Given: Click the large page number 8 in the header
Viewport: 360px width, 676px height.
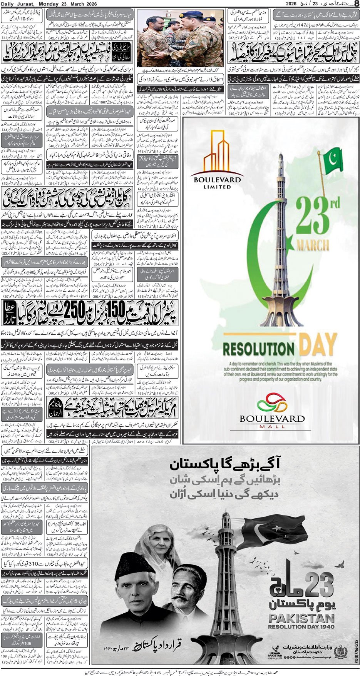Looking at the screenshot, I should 356,4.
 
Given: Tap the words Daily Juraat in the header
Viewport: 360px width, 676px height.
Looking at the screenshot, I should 17,4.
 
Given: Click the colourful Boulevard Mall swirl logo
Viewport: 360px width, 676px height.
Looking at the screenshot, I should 271,403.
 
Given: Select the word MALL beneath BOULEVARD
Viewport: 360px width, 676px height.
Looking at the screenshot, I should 272,427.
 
